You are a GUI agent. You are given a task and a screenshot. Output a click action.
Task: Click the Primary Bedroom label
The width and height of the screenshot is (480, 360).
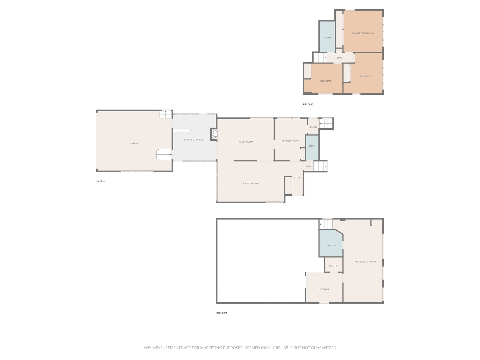363,33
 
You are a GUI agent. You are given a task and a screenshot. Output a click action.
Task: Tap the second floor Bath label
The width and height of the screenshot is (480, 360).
328,37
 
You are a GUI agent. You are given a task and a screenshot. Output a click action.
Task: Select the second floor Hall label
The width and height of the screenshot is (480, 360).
340,58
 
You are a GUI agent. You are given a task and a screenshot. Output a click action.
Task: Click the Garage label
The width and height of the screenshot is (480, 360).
134,143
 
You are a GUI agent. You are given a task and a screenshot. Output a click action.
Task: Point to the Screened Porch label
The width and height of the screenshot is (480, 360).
194,139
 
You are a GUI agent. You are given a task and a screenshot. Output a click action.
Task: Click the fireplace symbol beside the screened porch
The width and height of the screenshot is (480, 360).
214,135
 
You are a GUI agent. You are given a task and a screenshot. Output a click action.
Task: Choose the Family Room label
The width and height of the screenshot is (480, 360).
245,142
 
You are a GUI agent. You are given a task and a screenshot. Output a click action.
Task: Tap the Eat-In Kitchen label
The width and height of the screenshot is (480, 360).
290,141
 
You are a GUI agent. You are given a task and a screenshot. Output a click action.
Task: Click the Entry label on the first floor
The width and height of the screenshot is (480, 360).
313,127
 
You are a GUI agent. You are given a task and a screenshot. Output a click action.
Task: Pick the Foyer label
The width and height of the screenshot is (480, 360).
297,177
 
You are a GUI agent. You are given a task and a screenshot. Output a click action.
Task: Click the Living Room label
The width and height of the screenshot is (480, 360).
250,183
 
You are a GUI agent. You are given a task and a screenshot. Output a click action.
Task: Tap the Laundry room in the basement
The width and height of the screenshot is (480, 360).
331,243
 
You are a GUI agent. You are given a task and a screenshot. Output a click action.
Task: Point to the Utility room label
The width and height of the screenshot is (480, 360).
333,266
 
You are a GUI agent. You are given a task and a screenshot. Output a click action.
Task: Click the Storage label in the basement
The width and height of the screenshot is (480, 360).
324,289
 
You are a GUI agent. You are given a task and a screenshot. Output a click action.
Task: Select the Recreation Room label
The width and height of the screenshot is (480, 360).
365,261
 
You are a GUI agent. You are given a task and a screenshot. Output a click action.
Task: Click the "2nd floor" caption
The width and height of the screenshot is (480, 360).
308,104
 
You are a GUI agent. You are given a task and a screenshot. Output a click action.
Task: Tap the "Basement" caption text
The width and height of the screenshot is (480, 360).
222,313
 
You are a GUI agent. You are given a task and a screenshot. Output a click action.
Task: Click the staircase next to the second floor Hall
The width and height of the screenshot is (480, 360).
320,58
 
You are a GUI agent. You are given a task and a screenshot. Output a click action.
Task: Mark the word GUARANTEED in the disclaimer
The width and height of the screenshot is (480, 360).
324,348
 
